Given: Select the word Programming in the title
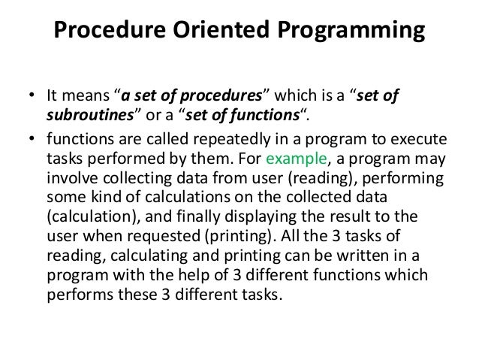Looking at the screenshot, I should point(348,33).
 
